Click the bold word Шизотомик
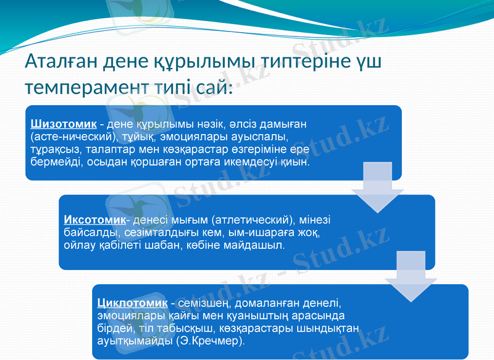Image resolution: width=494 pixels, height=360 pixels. coord(64,124)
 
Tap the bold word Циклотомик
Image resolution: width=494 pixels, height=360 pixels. coord(132,303)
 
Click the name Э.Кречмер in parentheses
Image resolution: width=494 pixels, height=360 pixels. coord(209,340)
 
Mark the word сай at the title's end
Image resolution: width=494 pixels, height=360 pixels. coord(209,87)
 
